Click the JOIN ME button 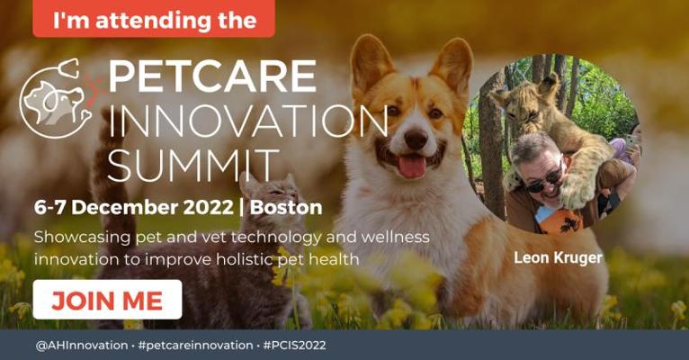pyautogui.click(x=107, y=300)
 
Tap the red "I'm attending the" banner pyautogui.click(x=154, y=19)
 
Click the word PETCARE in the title pyautogui.click(x=212, y=76)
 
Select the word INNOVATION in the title pyautogui.click(x=248, y=121)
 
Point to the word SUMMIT pyautogui.click(x=193, y=166)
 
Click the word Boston pyautogui.click(x=286, y=208)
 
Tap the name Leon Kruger pyautogui.click(x=558, y=258)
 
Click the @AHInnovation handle pyautogui.click(x=82, y=346)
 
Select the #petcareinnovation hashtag pyautogui.click(x=195, y=346)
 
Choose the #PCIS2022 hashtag pyautogui.click(x=294, y=346)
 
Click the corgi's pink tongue pyautogui.click(x=411, y=166)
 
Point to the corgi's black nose pyautogui.click(x=416, y=139)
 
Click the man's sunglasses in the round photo pyautogui.click(x=543, y=181)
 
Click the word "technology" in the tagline pyautogui.click(x=278, y=238)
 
